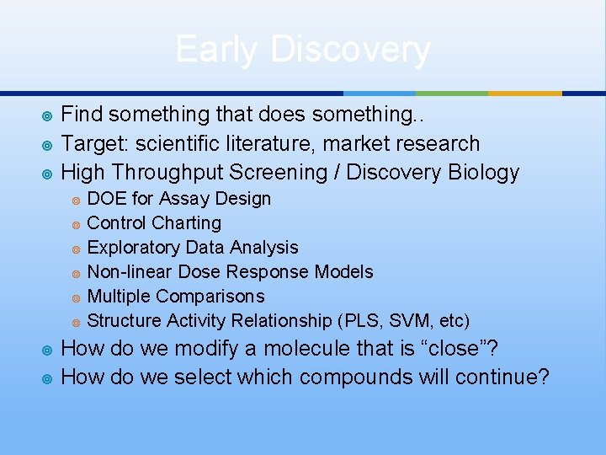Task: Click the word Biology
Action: click(483, 173)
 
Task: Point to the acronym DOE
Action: click(104, 199)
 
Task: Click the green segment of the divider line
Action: click(452, 93)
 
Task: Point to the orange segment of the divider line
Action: click(524, 93)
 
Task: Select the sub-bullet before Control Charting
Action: click(76, 224)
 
